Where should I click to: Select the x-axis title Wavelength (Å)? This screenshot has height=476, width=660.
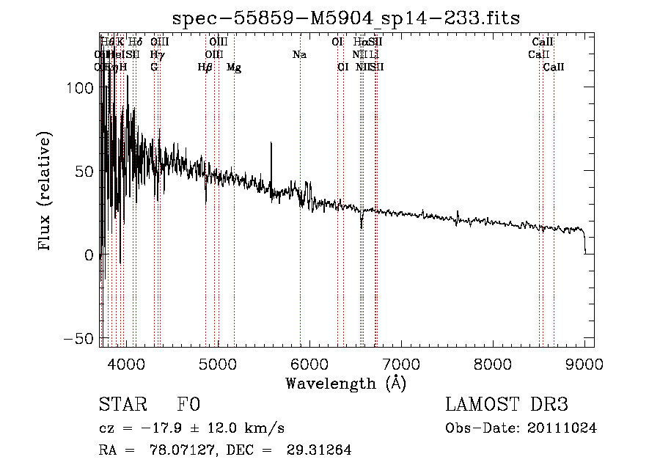[x=345, y=383]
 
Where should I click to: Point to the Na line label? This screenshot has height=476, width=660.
[x=298, y=55]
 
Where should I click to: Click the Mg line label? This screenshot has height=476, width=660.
[x=234, y=67]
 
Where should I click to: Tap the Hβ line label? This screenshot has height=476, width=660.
[x=205, y=67]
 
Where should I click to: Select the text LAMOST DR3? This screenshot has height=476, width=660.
[x=506, y=406]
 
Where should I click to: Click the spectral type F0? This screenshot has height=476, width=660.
[x=188, y=406]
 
